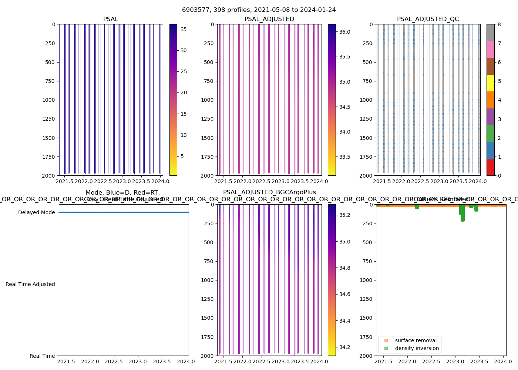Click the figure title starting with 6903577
click(x=259, y=10)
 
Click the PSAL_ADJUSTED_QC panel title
click(x=428, y=19)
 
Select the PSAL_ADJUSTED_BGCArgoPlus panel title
click(x=269, y=192)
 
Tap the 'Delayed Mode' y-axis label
click(x=36, y=212)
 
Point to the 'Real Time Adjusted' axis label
click(x=30, y=284)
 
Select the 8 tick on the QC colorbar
click(x=499, y=24)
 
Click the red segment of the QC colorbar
click(x=490, y=167)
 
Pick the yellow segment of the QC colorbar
click(x=490, y=83)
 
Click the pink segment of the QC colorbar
click(x=490, y=50)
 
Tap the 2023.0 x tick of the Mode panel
click(x=138, y=361)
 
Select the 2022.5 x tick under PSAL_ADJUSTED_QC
click(x=420, y=181)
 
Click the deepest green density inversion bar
click(x=462, y=215)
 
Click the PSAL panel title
click(x=111, y=19)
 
